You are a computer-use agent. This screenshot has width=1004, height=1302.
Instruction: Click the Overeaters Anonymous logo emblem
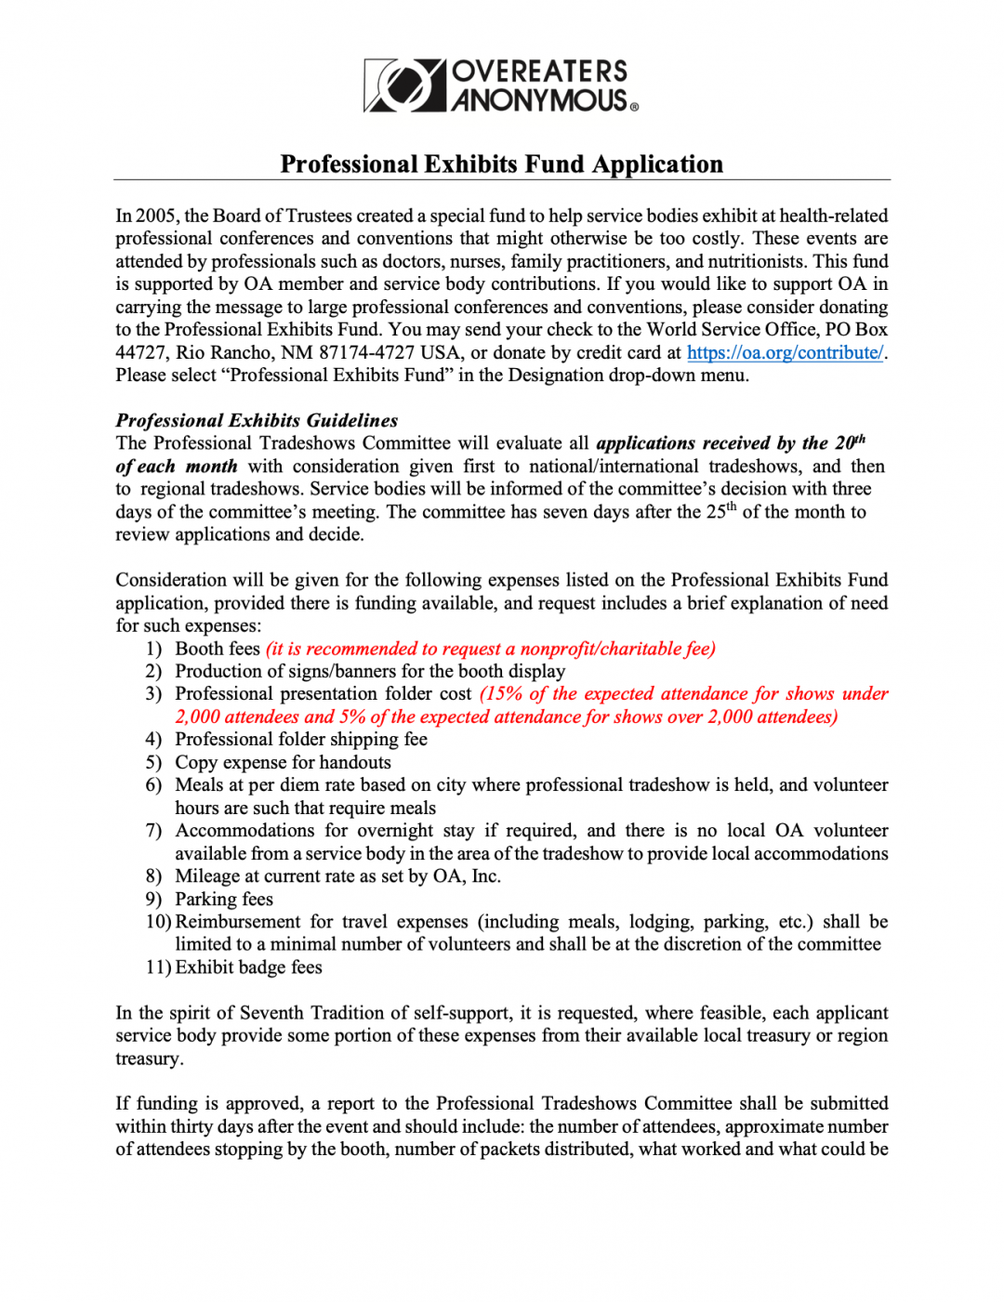click(404, 85)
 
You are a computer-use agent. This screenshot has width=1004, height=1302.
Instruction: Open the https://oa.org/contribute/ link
click(785, 353)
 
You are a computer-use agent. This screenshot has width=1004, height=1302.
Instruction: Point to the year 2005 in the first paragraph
click(156, 216)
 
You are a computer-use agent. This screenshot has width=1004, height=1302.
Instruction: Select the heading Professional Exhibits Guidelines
click(257, 421)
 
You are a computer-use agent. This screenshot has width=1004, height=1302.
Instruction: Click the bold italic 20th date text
click(849, 442)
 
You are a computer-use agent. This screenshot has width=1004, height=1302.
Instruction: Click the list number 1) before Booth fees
click(153, 649)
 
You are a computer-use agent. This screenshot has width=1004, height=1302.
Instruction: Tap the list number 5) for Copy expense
click(153, 763)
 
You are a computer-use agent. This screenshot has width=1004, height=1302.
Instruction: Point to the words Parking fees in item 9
click(224, 900)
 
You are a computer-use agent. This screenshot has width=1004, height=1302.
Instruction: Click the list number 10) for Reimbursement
click(158, 922)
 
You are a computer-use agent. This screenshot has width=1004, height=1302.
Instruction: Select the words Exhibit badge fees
click(248, 967)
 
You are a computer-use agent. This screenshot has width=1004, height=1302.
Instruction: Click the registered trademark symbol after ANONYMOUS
click(635, 107)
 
